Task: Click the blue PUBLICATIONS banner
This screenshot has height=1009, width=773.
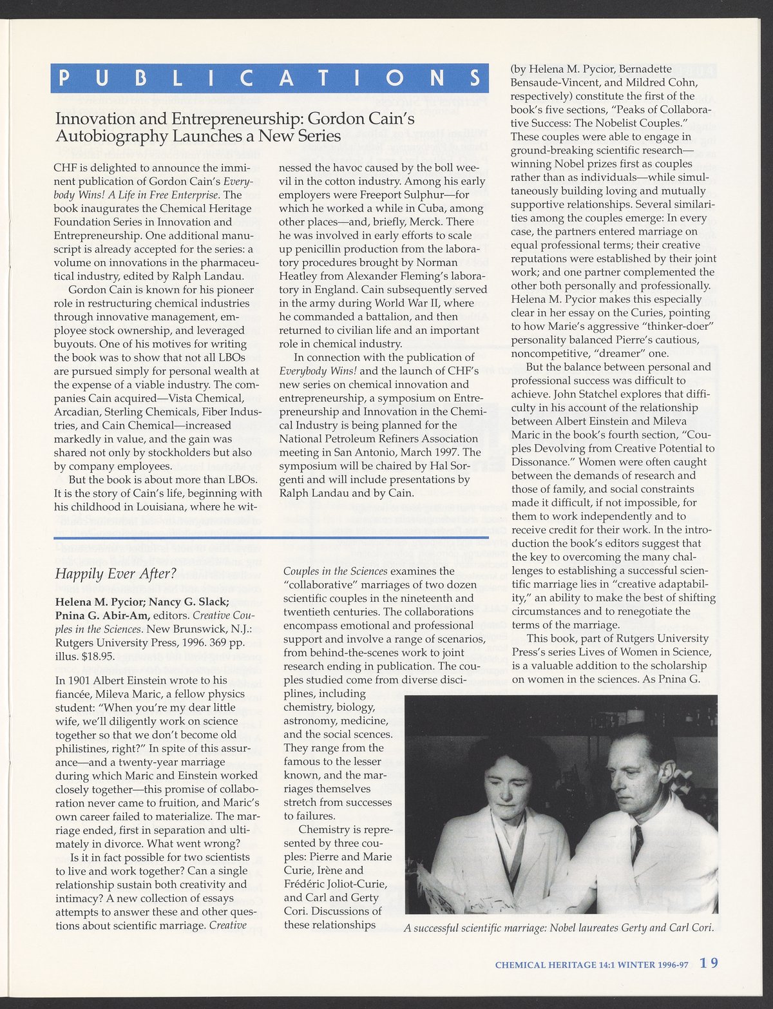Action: point(270,78)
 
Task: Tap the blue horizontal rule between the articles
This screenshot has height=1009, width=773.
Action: point(270,537)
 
